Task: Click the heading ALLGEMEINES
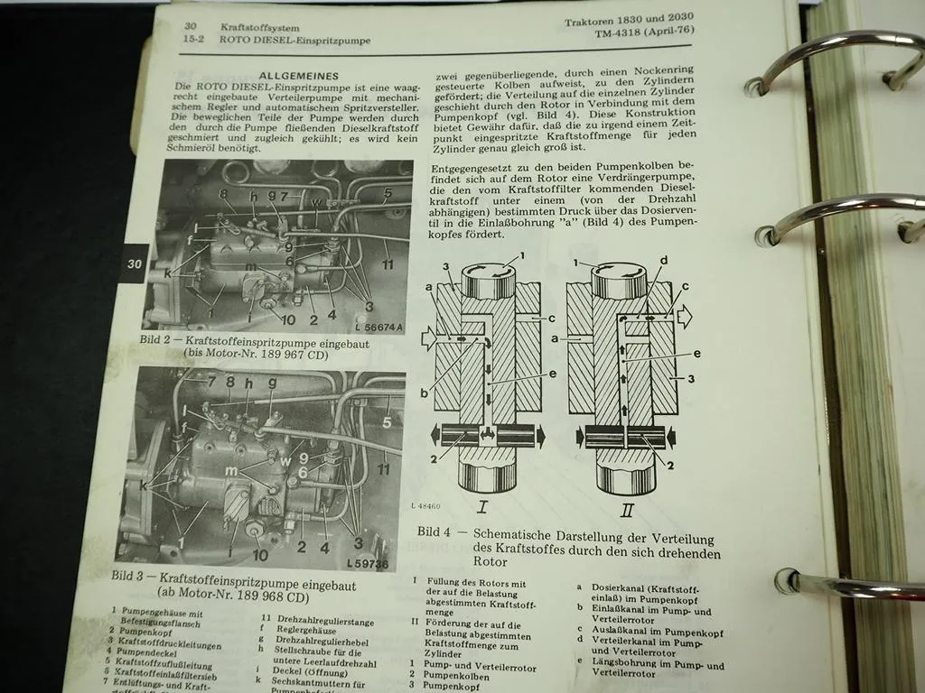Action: [x=298, y=77]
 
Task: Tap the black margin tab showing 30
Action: [x=134, y=263]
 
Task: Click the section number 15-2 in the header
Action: [x=192, y=41]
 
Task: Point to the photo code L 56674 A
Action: [x=373, y=327]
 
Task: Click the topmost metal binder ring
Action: [x=836, y=63]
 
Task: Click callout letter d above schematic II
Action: [x=664, y=261]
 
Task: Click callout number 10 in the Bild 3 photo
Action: [x=260, y=555]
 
